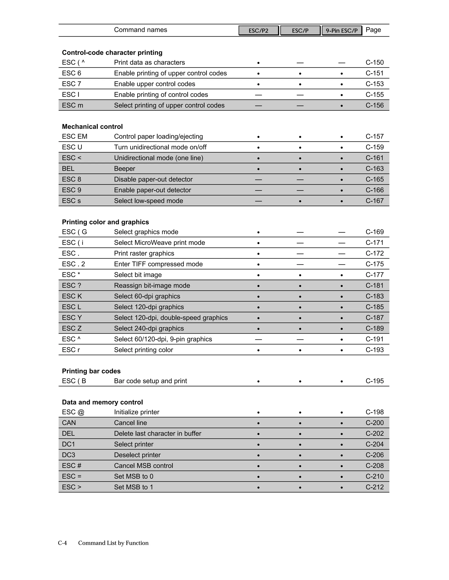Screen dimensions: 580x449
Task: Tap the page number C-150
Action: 374,62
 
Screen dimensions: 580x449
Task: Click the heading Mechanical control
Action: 92,127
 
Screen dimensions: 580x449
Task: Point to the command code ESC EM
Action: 75,137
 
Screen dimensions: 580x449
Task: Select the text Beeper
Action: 125,169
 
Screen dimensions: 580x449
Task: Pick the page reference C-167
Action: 374,201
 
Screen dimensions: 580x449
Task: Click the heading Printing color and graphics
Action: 105,222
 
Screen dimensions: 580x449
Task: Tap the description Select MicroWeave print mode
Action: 159,243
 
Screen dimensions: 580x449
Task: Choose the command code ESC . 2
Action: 73,264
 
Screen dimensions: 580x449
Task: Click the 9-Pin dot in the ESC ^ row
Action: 342,339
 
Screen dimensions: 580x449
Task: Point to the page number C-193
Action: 374,350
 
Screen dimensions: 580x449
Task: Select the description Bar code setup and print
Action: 150,381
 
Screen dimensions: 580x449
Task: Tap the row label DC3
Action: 68,455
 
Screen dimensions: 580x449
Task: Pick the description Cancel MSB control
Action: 143,466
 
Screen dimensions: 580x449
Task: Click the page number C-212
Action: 374,487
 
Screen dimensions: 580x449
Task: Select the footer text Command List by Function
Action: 113,543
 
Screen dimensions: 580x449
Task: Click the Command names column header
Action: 141,30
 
